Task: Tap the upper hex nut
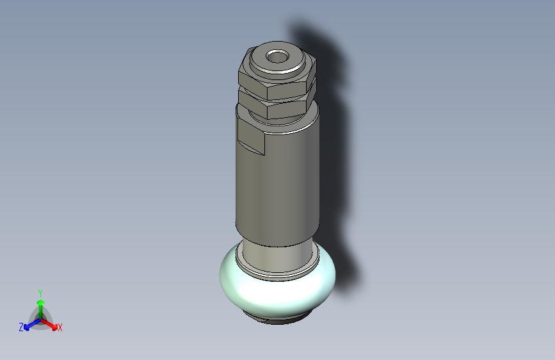tap(277, 81)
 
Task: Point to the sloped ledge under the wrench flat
tap(250, 148)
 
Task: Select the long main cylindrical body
tap(278, 184)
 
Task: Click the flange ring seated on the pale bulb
tap(278, 274)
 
